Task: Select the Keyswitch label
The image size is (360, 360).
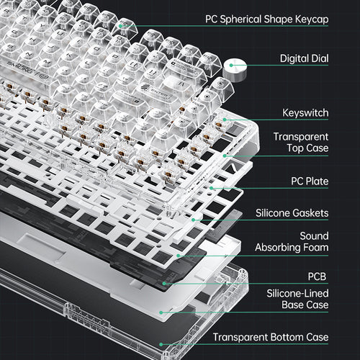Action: pos(305,113)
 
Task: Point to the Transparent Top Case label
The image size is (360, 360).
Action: pos(301,142)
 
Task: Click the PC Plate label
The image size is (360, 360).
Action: pos(307,183)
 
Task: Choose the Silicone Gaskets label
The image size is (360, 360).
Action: pos(292,213)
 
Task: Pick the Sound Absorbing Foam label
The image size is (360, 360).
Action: pos(292,242)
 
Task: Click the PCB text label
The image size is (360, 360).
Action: pos(318,276)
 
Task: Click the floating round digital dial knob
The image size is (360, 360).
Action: pos(235,69)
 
